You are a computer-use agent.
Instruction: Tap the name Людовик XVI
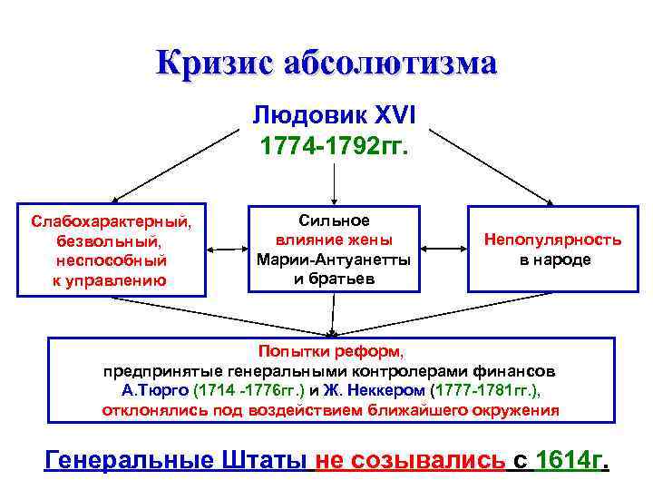click(334, 116)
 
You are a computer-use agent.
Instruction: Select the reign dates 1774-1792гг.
click(334, 145)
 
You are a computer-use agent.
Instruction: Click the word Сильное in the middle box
click(334, 220)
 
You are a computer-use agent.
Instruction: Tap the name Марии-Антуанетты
click(334, 260)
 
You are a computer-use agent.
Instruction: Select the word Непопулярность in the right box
click(552, 240)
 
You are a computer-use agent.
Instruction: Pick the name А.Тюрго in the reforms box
click(155, 391)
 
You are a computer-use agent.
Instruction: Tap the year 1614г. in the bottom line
click(570, 459)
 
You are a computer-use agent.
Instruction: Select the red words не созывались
click(410, 459)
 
